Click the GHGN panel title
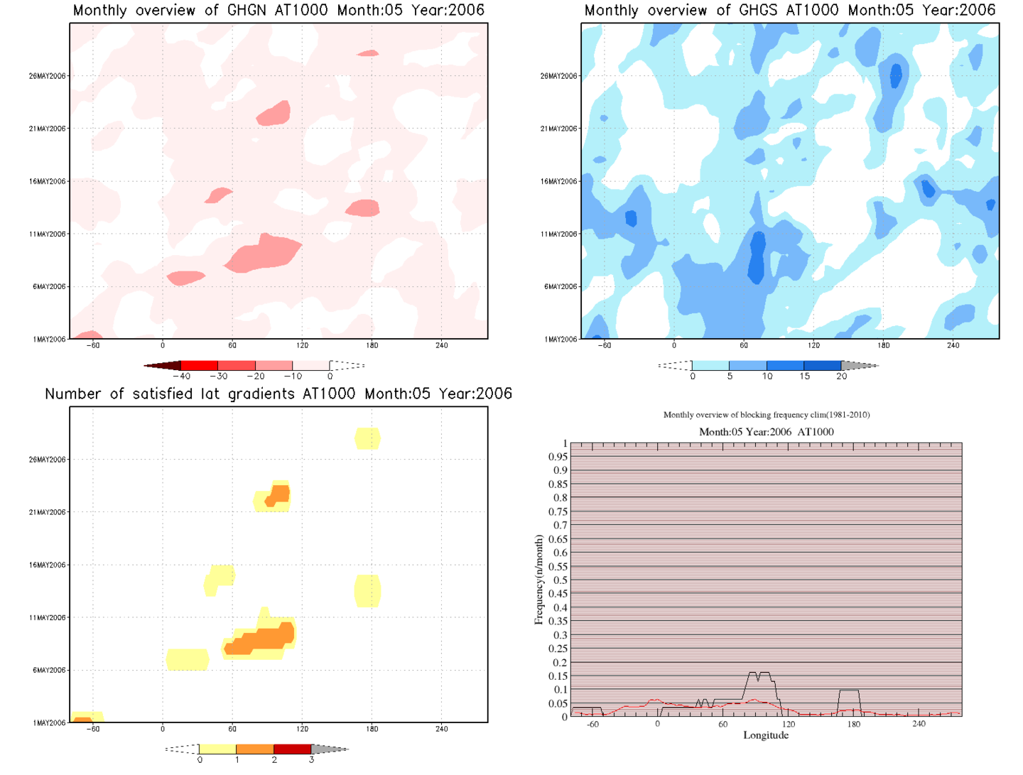278,11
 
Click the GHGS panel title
789,11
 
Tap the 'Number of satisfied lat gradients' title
278,394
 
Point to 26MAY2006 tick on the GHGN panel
47,76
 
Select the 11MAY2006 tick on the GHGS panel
558,234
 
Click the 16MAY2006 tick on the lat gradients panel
47,565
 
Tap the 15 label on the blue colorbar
804,376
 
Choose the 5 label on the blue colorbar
730,376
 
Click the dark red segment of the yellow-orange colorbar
292,749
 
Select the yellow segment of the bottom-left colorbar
217,749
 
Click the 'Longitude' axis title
766,735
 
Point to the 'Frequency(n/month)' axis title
538,580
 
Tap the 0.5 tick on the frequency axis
561,580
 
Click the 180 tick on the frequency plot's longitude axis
853,724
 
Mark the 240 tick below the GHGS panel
953,345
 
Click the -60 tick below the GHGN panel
93,345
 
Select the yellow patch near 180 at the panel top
367,438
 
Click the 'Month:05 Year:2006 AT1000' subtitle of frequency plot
766,432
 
